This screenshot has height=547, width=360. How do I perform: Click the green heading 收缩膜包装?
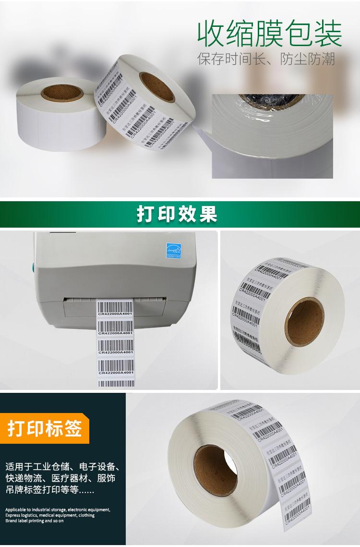(x=269, y=33)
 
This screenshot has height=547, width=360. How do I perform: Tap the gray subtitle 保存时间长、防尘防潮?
(x=266, y=59)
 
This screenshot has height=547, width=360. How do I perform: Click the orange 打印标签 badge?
(x=45, y=428)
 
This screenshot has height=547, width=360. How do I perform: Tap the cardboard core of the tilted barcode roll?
(x=156, y=86)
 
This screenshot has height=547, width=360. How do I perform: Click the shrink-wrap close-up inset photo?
(x=272, y=136)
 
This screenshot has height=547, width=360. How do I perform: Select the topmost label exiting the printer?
(x=115, y=309)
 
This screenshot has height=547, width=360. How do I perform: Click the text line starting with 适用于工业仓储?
(x=62, y=466)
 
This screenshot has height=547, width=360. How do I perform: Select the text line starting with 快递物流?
(x=60, y=478)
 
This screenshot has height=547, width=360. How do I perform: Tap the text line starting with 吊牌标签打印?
(x=50, y=490)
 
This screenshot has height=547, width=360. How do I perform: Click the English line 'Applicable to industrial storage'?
(x=58, y=510)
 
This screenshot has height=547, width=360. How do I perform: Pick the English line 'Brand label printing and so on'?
(x=35, y=520)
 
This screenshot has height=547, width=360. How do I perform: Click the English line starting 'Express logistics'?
(x=50, y=515)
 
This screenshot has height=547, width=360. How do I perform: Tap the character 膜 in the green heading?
(x=269, y=33)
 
